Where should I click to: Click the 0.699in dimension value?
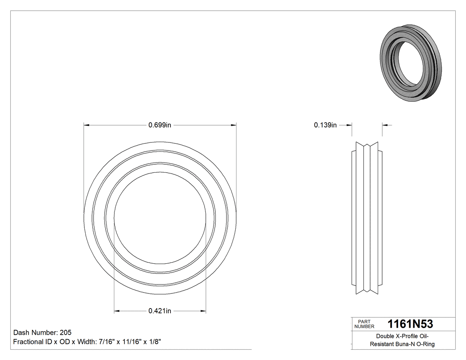(x=160, y=125)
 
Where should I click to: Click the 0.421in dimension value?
(x=160, y=311)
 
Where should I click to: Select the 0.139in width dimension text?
(x=325, y=125)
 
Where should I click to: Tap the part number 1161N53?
(x=410, y=324)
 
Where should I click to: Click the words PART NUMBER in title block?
(x=364, y=324)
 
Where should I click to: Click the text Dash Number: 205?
(x=43, y=332)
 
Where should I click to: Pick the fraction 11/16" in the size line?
(x=127, y=342)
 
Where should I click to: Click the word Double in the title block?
(x=385, y=336)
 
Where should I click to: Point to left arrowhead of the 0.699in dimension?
(x=87, y=125)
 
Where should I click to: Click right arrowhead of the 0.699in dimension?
(x=233, y=125)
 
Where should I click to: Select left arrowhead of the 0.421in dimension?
(x=117, y=311)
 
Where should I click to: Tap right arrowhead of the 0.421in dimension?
(x=203, y=311)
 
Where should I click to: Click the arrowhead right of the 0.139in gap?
(x=385, y=125)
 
